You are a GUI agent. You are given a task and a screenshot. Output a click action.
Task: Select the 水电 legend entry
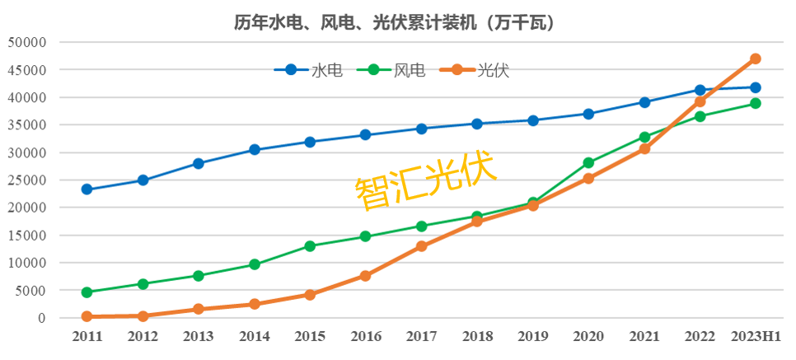308,70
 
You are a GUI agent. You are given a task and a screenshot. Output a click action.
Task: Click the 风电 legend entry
391,70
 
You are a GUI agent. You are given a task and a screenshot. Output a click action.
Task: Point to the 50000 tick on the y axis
28,43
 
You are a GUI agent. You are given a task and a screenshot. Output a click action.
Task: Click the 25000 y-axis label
28,180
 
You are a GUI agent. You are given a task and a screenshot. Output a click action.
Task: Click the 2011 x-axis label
87,337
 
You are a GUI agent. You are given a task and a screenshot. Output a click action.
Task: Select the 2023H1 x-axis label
756,337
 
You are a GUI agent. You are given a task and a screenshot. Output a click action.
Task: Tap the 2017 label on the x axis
421,337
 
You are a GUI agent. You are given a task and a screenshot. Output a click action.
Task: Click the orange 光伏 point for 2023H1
756,58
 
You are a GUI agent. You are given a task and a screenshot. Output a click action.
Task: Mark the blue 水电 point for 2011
87,189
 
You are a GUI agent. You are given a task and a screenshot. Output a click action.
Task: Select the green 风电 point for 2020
588,163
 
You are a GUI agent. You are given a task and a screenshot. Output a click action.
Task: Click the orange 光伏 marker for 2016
365,276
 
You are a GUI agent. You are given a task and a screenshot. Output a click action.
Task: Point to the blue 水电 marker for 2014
254,150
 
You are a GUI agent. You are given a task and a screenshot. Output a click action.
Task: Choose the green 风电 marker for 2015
310,246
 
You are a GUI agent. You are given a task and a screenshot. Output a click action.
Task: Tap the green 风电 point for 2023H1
756,104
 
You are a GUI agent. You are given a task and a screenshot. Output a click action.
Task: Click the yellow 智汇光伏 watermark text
425,180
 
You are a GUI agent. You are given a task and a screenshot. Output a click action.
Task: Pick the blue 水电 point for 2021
644,102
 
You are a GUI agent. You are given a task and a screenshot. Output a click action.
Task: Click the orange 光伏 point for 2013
199,309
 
